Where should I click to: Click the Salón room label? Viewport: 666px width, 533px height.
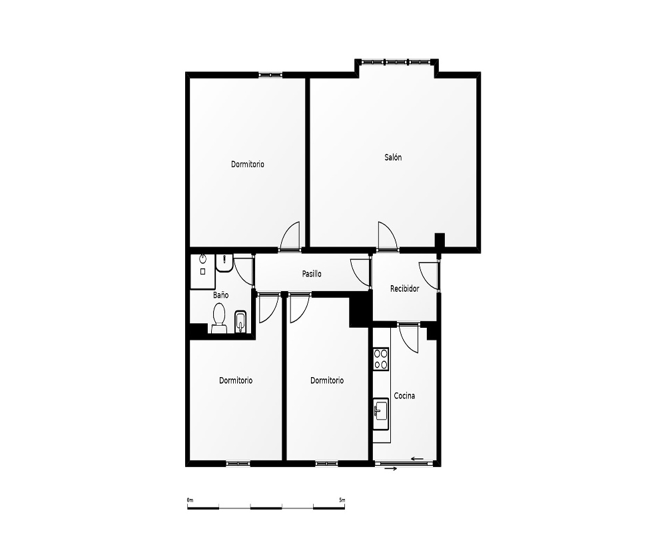[393, 157]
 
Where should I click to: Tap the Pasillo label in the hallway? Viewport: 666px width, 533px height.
[312, 274]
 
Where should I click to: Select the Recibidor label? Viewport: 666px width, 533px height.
[404, 288]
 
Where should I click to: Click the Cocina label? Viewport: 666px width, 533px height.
[404, 396]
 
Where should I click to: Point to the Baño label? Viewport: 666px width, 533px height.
[221, 295]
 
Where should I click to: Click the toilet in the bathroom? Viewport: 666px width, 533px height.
[219, 318]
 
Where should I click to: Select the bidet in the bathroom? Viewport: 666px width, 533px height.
[240, 322]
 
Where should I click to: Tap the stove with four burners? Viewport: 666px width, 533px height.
[381, 358]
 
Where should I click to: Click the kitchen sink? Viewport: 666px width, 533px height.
[381, 411]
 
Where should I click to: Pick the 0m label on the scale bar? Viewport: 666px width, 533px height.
[190, 500]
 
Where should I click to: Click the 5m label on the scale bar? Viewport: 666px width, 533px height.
[342, 500]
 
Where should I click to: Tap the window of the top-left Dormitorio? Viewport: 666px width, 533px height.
[270, 75]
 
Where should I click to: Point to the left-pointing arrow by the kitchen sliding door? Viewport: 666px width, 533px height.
[418, 458]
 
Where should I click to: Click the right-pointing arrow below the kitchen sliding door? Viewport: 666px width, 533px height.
[391, 469]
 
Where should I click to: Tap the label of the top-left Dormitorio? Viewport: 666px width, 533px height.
[248, 164]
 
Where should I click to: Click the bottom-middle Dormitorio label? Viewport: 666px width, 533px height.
[327, 380]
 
